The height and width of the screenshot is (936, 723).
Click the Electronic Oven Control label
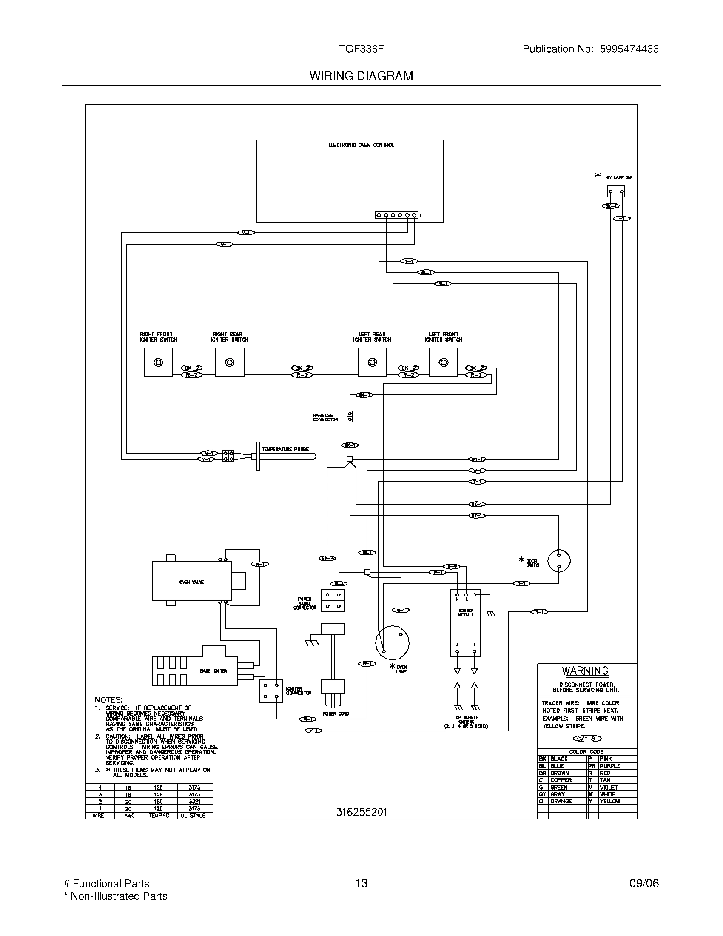[361, 145]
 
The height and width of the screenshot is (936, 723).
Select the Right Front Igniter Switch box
[158, 362]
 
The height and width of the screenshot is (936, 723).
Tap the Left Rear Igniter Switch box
[372, 362]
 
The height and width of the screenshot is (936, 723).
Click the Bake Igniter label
[213, 671]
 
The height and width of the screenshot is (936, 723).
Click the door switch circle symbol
[559, 561]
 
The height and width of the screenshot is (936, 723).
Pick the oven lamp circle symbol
[392, 642]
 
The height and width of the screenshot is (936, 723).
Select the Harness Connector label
[325, 417]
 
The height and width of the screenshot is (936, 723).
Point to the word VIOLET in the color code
[609, 787]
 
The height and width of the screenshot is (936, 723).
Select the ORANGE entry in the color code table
[561, 801]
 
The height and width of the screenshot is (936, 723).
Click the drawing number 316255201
[361, 812]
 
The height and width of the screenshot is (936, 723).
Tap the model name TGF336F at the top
[361, 49]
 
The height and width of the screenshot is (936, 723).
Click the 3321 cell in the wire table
[194, 801]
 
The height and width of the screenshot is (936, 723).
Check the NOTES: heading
[108, 699]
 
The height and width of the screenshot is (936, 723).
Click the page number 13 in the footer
[361, 883]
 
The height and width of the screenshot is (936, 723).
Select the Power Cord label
[336, 713]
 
